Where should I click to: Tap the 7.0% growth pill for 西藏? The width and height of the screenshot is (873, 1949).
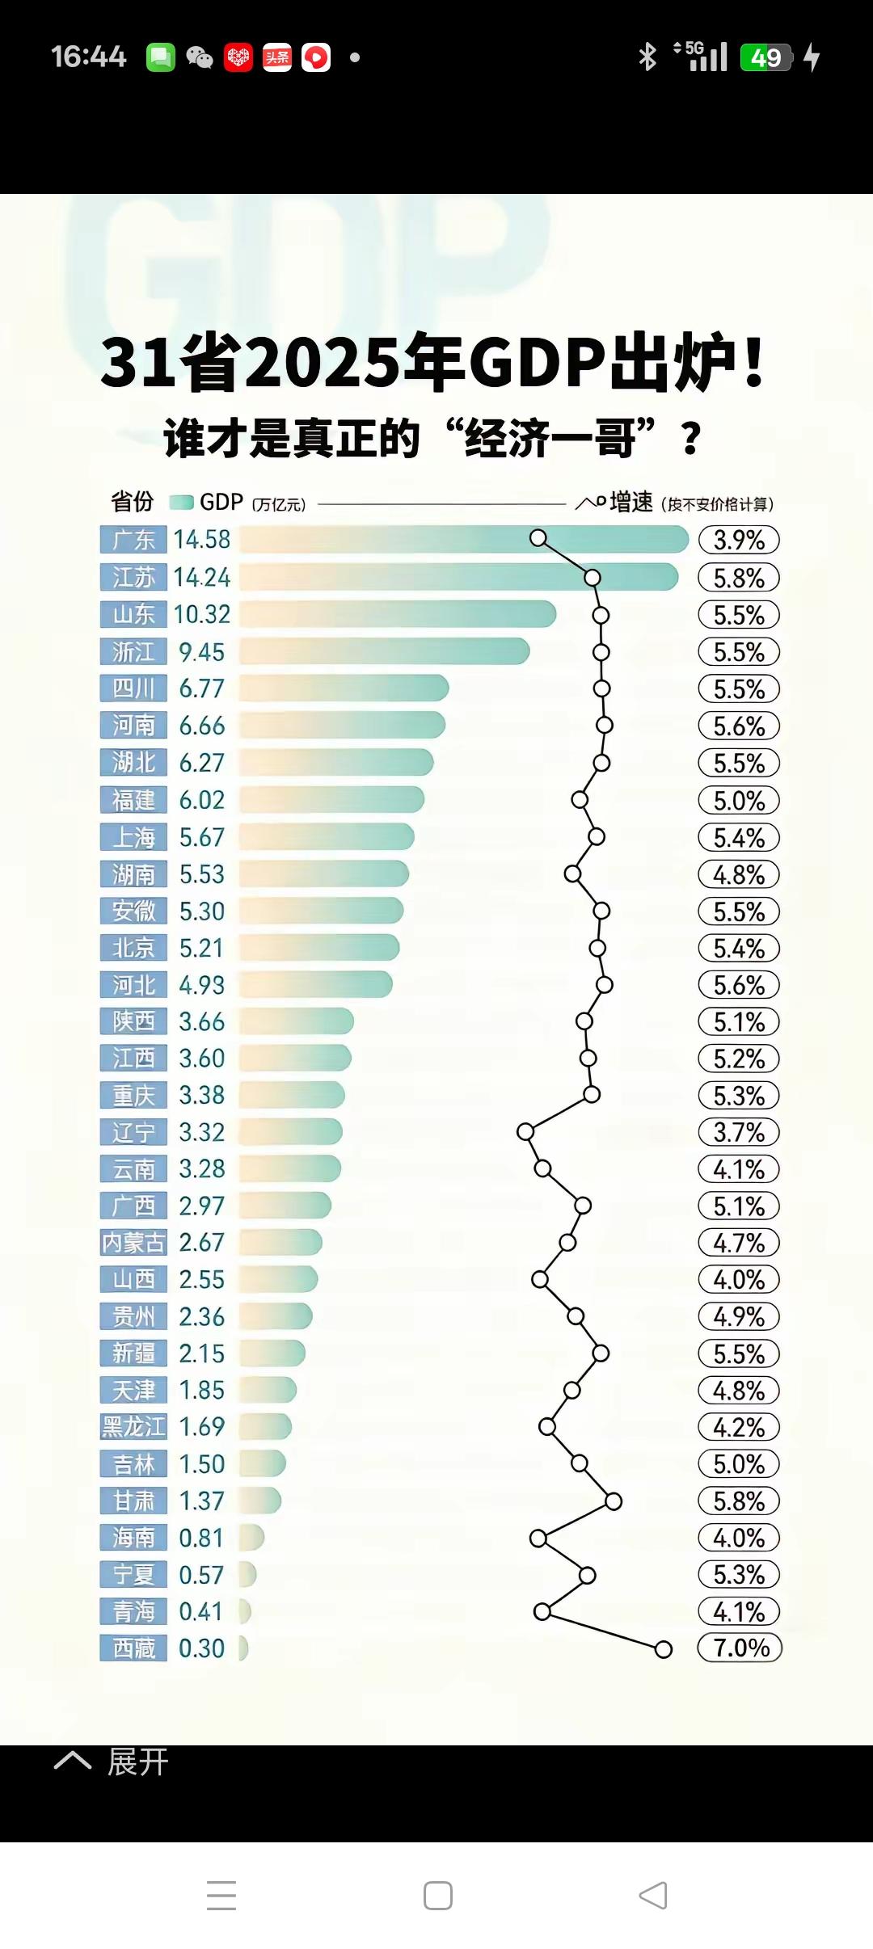click(740, 1648)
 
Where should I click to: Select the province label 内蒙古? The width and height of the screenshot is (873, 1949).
click(133, 1243)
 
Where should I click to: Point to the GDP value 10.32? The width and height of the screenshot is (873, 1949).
click(202, 615)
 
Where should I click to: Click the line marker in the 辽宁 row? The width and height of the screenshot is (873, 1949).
click(525, 1132)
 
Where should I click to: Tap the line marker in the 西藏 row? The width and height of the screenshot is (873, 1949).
click(663, 1649)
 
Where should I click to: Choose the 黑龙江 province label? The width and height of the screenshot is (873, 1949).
click(133, 1427)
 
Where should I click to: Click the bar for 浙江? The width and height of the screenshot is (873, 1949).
click(384, 651)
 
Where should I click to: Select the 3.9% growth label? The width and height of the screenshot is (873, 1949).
click(739, 540)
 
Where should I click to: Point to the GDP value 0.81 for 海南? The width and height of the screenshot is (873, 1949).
click(201, 1538)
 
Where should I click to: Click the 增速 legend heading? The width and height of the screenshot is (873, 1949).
click(631, 503)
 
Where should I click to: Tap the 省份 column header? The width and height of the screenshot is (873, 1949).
click(132, 502)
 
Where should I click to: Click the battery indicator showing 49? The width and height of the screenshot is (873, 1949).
click(766, 57)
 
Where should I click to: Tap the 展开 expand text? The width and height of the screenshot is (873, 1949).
click(137, 1762)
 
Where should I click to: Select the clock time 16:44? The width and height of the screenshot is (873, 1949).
click(88, 57)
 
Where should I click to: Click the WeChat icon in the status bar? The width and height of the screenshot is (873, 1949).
click(199, 57)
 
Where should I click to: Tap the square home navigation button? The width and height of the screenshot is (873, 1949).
click(437, 1895)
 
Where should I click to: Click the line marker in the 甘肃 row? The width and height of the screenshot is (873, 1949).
click(614, 1501)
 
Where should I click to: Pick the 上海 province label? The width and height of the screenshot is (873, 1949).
click(133, 837)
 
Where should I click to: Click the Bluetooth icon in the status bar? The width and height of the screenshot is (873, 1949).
click(647, 57)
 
